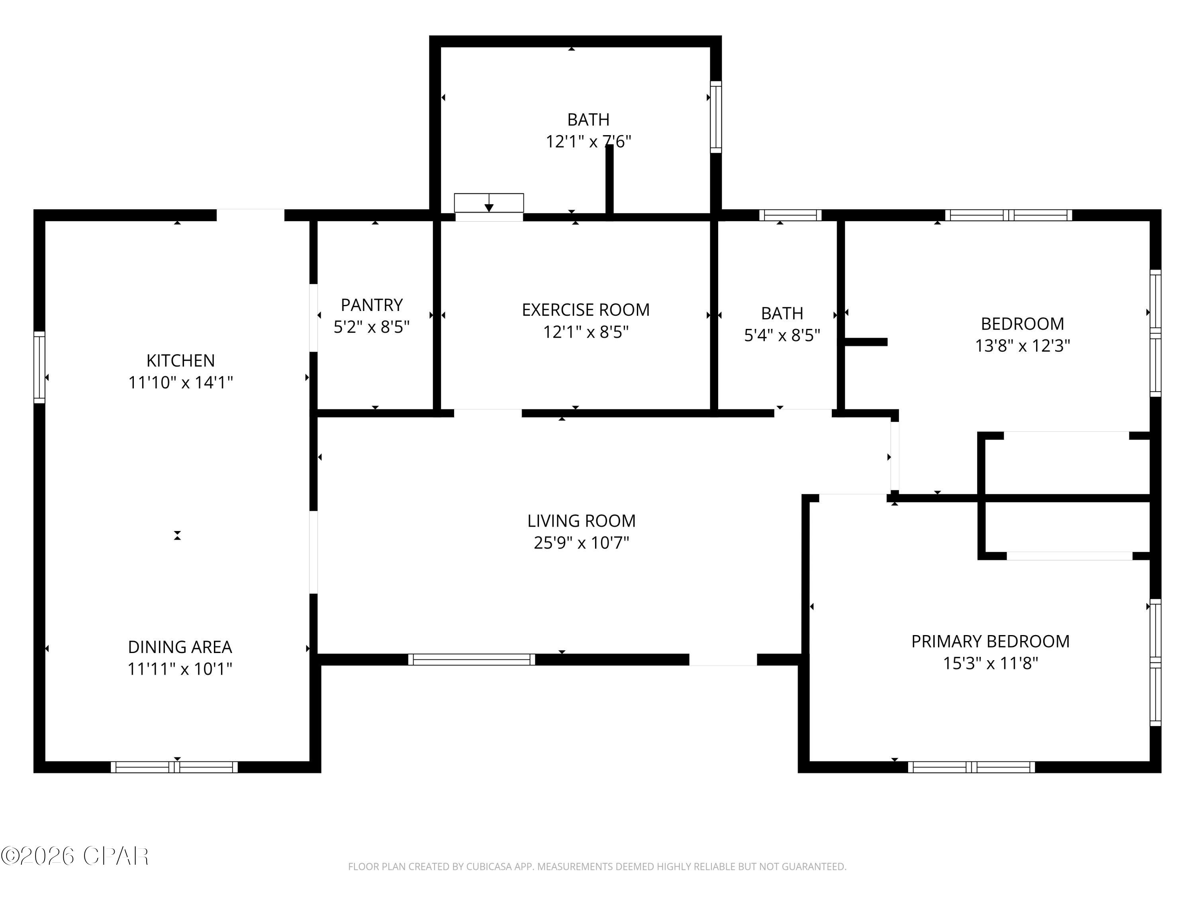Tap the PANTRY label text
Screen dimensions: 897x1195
click(372, 305)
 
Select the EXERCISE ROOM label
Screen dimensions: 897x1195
click(586, 310)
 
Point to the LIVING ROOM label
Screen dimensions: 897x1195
click(581, 521)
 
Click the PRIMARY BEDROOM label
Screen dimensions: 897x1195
click(990, 641)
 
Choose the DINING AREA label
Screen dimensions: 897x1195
click(180, 647)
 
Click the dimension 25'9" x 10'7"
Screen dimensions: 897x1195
click(581, 542)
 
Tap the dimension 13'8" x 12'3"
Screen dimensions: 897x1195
click(1022, 346)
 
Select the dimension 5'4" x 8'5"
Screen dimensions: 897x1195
click(782, 335)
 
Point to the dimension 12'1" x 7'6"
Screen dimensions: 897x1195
click(588, 142)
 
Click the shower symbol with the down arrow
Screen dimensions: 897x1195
click(489, 203)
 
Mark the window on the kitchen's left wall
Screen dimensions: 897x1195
click(39, 367)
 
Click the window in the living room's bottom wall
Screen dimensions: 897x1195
click(471, 659)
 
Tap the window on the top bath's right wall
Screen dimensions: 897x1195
click(715, 117)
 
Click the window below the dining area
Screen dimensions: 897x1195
click(174, 767)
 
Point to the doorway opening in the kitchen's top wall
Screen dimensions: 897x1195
click(250, 214)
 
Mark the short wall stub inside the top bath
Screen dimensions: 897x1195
click(609, 181)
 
